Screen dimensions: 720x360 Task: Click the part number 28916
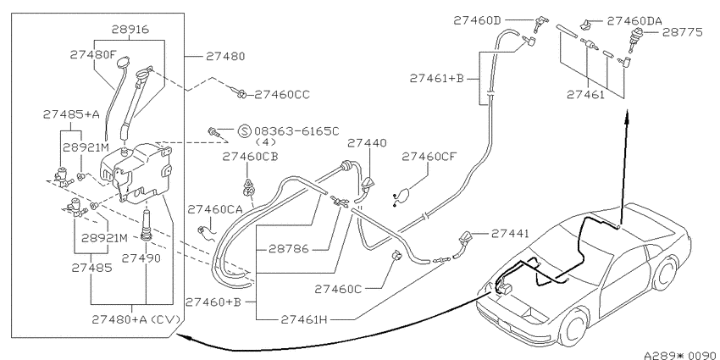130,30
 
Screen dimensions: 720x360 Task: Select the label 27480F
93,55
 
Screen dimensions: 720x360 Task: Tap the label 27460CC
282,95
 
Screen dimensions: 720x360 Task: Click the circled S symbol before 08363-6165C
244,130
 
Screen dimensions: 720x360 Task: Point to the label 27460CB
250,157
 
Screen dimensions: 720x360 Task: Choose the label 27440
367,143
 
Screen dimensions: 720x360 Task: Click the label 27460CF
429,157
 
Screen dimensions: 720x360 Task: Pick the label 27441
510,234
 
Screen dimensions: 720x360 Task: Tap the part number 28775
682,32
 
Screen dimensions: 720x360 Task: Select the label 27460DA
634,20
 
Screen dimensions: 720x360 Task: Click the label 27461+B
437,79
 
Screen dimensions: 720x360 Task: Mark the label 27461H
304,319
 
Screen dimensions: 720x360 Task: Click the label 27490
141,258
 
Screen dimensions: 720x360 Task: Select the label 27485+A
71,114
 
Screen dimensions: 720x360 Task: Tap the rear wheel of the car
664,274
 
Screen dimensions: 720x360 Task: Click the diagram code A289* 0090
681,355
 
